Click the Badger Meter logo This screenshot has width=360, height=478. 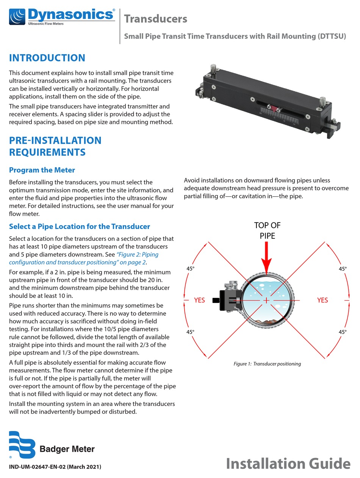[52, 445]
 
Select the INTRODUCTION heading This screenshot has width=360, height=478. [47, 58]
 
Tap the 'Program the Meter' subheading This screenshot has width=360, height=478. [42, 170]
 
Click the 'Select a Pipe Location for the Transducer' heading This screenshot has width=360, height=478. [80, 226]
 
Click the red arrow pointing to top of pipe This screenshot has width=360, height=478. [267, 258]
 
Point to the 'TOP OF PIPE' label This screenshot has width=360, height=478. [267, 230]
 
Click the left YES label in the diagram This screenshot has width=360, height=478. [199, 300]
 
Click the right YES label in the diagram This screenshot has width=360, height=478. [322, 300]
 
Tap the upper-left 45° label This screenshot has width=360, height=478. [190, 268]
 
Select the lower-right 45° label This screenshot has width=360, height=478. [343, 332]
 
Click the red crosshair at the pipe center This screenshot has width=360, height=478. [267, 300]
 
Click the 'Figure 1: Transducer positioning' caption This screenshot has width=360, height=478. [267, 364]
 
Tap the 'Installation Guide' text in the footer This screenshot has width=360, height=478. [288, 464]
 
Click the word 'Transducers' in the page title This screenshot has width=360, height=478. [155, 19]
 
